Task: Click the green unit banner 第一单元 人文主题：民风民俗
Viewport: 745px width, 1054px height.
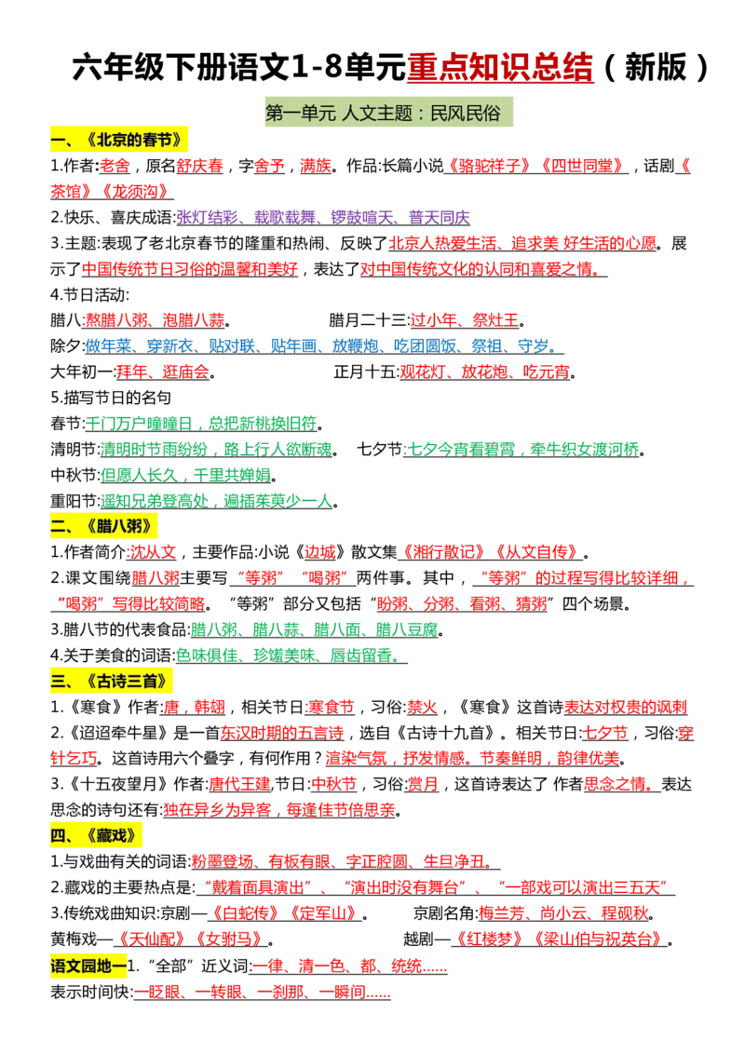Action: (x=388, y=113)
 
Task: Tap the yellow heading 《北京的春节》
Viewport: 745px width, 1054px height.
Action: (x=119, y=140)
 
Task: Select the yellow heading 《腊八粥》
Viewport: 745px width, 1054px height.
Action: (x=103, y=526)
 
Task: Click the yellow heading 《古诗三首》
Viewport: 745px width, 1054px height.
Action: (x=112, y=681)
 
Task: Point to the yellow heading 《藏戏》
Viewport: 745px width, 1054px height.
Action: (x=96, y=835)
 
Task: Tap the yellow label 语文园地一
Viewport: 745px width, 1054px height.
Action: (x=88, y=966)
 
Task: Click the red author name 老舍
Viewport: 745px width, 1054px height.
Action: (x=115, y=166)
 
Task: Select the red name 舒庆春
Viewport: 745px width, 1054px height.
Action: (x=199, y=166)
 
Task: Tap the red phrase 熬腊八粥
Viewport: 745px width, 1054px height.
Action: (x=115, y=320)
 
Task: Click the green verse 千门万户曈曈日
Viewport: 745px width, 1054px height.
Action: (x=139, y=425)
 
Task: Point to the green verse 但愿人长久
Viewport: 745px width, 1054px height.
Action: (x=139, y=475)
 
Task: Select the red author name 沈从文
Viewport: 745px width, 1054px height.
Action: (x=153, y=552)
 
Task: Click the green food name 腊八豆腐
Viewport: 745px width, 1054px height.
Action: (x=407, y=629)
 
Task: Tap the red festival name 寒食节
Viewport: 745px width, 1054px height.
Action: (x=331, y=707)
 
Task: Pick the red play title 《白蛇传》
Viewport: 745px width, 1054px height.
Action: (x=243, y=913)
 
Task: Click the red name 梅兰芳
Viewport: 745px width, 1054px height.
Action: (x=502, y=913)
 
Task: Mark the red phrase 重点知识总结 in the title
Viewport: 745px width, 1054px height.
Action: (x=500, y=67)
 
